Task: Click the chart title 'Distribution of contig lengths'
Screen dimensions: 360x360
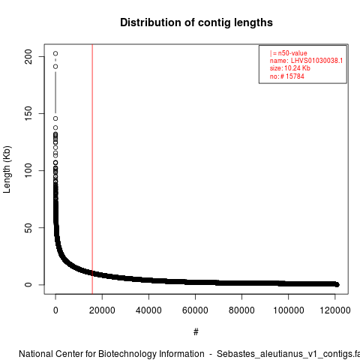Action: click(x=196, y=22)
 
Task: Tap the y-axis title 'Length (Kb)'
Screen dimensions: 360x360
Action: click(x=7, y=169)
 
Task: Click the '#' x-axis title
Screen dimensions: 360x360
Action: click(x=196, y=332)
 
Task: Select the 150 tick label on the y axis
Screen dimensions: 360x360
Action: click(x=28, y=113)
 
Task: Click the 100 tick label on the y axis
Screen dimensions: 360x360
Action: click(x=28, y=170)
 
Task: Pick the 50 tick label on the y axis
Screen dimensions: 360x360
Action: click(x=28, y=227)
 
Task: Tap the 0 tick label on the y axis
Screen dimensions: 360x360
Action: click(x=28, y=284)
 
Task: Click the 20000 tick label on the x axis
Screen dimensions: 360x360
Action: click(x=102, y=310)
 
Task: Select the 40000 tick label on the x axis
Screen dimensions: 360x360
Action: click(x=148, y=310)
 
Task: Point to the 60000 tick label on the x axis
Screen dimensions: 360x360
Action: click(x=195, y=310)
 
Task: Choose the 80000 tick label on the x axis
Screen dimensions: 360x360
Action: click(x=241, y=310)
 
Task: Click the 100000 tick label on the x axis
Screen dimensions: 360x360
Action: click(x=289, y=310)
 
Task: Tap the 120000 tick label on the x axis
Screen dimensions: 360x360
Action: click(x=335, y=310)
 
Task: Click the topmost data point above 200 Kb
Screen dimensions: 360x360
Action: click(x=55, y=53)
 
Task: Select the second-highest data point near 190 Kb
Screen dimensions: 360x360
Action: click(x=55, y=67)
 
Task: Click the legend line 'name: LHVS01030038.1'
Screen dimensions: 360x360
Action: click(x=306, y=61)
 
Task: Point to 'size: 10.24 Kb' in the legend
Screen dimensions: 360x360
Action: click(x=290, y=68)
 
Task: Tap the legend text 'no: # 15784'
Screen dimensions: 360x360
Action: click(x=287, y=76)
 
